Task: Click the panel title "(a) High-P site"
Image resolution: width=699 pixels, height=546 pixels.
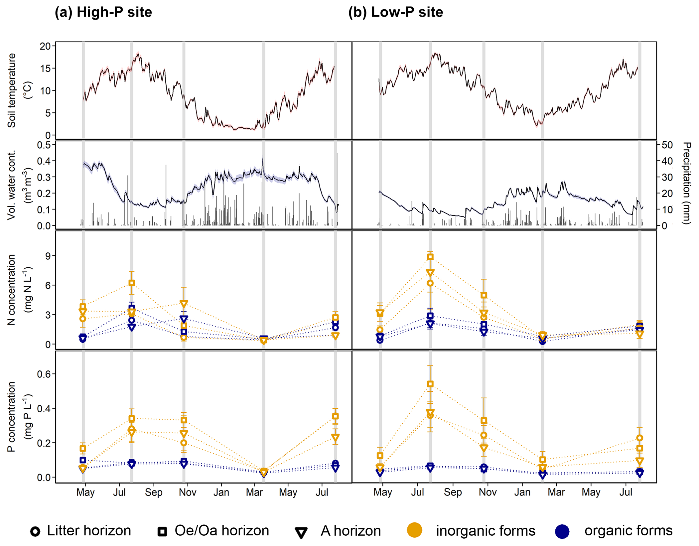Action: click(x=103, y=12)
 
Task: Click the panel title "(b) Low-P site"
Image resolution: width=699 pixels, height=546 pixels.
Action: click(x=395, y=12)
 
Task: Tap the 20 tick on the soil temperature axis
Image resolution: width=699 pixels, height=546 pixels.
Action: click(x=45, y=46)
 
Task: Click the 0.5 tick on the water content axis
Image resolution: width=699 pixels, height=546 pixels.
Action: click(x=44, y=145)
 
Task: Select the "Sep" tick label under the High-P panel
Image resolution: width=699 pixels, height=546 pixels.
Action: click(x=153, y=492)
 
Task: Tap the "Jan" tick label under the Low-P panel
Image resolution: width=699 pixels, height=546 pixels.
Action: click(x=522, y=492)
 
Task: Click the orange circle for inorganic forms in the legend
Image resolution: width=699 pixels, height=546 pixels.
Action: click(x=414, y=530)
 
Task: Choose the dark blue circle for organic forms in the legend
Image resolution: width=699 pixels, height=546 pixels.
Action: click(x=562, y=531)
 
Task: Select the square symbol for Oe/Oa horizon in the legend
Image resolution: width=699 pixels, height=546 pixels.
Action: click(x=162, y=531)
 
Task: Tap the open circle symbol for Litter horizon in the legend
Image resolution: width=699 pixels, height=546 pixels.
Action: click(x=35, y=531)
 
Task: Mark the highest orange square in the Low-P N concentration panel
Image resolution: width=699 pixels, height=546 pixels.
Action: click(x=430, y=257)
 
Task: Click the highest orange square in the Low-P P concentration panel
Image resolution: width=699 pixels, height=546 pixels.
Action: click(x=430, y=384)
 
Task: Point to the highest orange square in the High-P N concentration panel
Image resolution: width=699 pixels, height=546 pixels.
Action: click(x=132, y=283)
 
